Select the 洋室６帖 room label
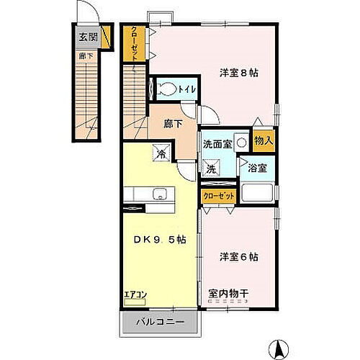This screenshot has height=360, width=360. click(234, 256)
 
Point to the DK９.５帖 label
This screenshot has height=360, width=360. click(158, 240)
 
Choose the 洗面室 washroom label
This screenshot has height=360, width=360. click(217, 143)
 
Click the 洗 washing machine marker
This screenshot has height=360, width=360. click(212, 168)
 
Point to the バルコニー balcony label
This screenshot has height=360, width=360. click(160, 322)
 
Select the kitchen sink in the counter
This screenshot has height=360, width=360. click(159, 193)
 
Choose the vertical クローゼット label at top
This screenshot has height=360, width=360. click(134, 44)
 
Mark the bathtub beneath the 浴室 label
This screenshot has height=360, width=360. click(256, 194)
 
